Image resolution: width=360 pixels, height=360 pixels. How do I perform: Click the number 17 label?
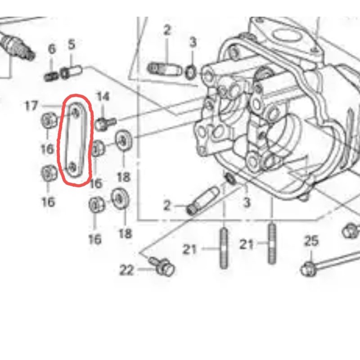31,106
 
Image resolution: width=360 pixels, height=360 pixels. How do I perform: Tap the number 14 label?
103,97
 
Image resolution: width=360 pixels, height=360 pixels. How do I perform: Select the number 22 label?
126,270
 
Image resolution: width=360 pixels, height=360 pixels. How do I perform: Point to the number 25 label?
311,241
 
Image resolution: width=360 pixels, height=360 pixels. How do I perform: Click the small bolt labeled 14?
105,124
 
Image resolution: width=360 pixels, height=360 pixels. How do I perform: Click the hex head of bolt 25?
308,269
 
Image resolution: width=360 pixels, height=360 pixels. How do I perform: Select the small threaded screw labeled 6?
51,76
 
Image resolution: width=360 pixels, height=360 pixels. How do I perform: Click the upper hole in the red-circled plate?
75,113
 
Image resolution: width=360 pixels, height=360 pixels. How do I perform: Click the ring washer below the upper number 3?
190,72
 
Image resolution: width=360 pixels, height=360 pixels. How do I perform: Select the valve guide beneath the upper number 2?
165,69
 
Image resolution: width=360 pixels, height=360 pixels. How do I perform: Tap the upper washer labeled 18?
123,140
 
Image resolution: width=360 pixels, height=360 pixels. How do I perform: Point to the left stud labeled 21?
224,248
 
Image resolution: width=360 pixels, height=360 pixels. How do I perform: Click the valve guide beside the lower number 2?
203,201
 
